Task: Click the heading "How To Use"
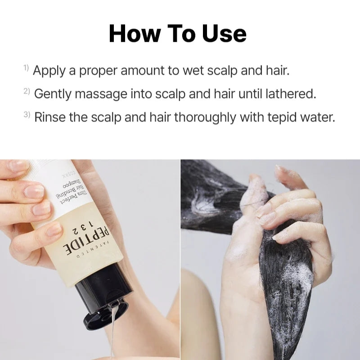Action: [178, 34]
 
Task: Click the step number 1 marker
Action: [26, 68]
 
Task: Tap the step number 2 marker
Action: [27, 91]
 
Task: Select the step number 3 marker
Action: [27, 114]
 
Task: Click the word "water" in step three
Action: [319, 117]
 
